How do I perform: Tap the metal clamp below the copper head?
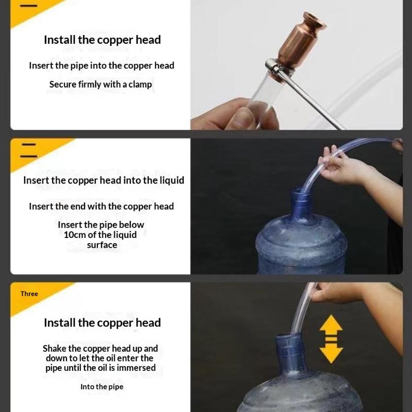[279, 70]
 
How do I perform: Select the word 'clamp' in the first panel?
[140, 84]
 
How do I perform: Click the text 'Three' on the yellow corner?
[29, 294]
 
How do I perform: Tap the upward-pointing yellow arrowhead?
[331, 323]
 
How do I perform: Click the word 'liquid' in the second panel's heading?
[172, 181]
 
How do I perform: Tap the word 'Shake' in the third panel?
[55, 349]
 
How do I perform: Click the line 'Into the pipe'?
[102, 387]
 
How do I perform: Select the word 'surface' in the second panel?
[102, 245]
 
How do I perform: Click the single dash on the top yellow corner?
[28, 6]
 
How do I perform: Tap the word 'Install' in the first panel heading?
[60, 40]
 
